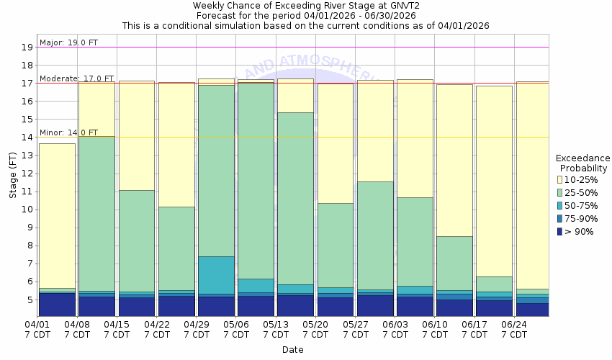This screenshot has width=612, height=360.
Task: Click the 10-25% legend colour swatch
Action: coord(560,180)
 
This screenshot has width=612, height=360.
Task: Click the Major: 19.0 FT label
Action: coord(68,42)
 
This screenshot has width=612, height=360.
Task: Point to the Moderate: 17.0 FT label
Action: coord(76,78)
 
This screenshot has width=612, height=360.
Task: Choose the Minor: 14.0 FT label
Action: coord(68,132)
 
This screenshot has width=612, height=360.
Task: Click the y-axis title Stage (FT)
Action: coord(12,173)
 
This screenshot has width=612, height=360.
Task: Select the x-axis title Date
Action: coord(292,350)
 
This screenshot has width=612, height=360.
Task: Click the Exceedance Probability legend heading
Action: coord(582,163)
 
